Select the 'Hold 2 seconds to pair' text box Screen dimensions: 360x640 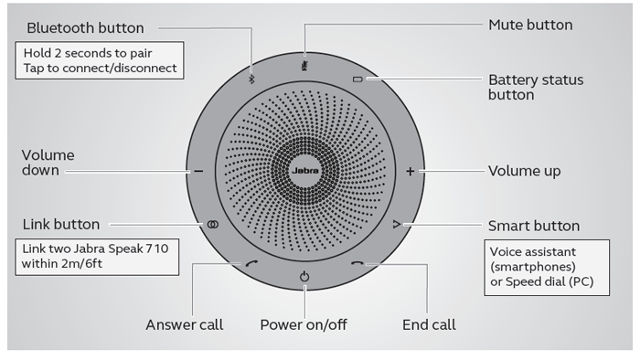tap(101, 60)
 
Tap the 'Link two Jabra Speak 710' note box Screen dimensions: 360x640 tap(95, 257)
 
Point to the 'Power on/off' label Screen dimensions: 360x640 tap(304, 324)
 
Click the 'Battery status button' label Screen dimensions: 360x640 tap(537, 87)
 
